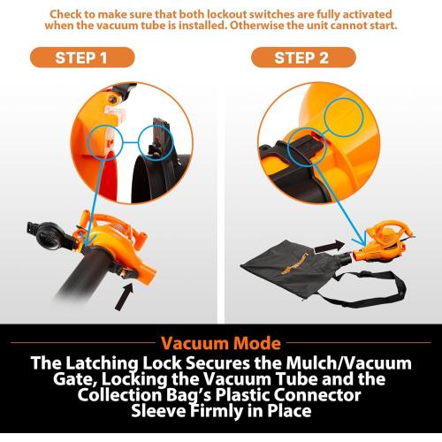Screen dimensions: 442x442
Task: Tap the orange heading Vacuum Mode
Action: [221, 342]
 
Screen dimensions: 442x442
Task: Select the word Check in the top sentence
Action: [93, 15]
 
